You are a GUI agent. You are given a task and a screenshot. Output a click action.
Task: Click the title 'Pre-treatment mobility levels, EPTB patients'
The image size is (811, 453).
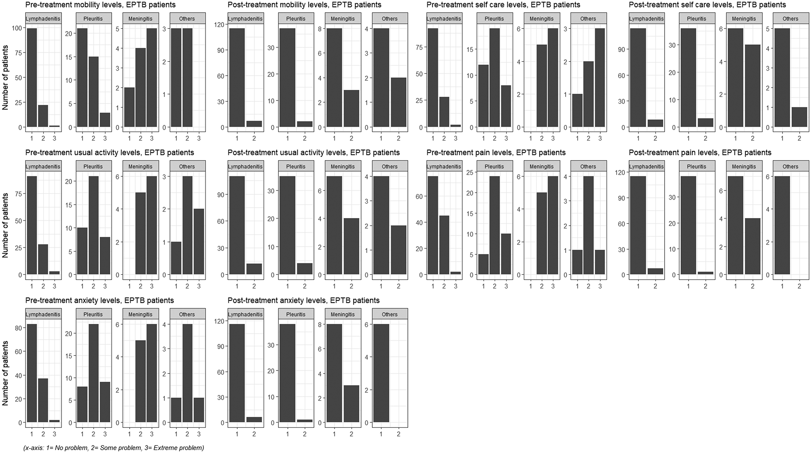[x=100, y=5]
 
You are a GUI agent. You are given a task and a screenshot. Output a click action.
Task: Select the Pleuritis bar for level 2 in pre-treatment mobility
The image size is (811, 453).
[x=93, y=92]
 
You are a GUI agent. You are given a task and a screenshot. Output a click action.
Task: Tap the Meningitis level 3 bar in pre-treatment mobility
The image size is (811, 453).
[x=152, y=78]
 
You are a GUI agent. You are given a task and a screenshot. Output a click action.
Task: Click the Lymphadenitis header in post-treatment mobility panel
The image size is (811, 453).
[x=245, y=19]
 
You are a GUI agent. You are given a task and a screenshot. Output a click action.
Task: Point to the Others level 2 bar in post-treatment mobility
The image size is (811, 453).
[x=398, y=102]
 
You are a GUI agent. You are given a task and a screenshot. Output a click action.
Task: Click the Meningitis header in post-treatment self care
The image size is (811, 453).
[x=744, y=19]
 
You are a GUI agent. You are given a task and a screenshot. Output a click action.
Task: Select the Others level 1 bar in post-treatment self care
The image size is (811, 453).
[x=782, y=78]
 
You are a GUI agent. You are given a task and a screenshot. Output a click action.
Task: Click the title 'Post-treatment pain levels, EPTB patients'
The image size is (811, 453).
[x=700, y=153]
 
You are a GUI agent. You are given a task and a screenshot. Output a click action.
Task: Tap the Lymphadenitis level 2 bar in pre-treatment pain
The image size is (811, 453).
[x=444, y=245]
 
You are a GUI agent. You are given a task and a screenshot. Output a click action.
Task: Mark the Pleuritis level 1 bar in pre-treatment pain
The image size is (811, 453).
[x=483, y=264]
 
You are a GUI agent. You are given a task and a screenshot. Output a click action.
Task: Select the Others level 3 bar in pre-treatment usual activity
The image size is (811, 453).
[x=199, y=242]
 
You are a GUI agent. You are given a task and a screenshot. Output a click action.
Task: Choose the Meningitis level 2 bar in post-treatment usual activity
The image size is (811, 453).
[x=351, y=246]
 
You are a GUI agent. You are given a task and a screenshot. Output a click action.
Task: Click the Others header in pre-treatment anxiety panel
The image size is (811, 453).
[x=187, y=314]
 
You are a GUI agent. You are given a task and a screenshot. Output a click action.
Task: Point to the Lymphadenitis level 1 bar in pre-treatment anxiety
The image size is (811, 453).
[x=31, y=373]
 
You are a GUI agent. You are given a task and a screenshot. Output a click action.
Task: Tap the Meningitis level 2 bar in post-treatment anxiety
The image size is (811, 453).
[x=351, y=404]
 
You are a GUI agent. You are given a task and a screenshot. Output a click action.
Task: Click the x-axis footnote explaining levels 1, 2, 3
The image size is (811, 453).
[x=113, y=448]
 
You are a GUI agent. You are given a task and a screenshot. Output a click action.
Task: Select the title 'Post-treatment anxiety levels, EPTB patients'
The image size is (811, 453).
[x=303, y=300]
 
